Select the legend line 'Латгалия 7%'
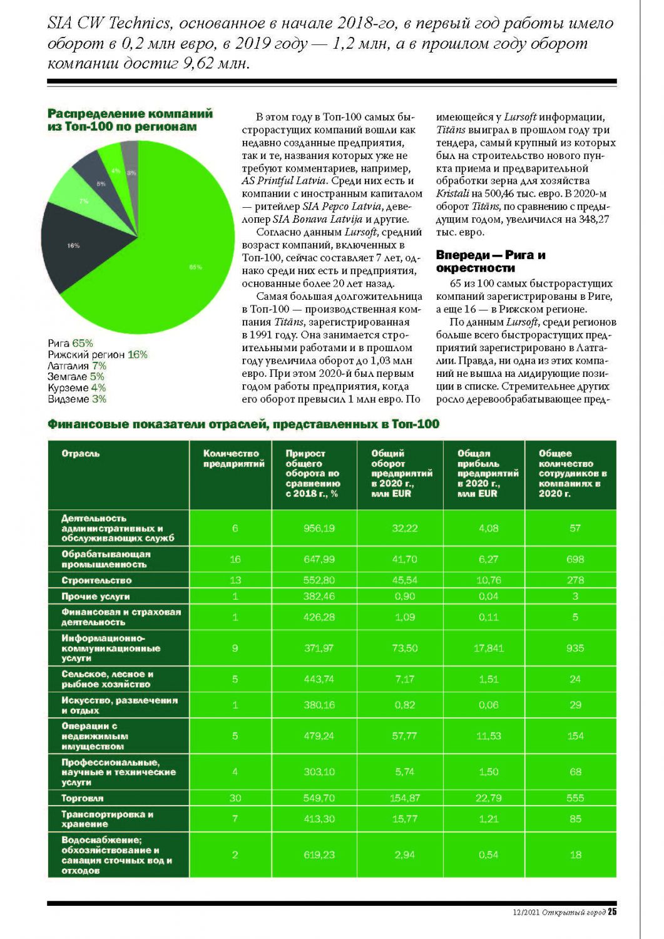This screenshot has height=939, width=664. [x=77, y=366]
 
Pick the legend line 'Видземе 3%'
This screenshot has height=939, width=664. [x=77, y=399]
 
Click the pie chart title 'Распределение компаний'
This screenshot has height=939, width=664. [x=130, y=114]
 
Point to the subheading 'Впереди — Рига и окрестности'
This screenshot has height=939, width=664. [x=491, y=261]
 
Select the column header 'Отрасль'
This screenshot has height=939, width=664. [x=81, y=453]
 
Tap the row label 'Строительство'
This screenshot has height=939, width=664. [x=96, y=580]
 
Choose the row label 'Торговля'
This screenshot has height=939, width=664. [x=83, y=798]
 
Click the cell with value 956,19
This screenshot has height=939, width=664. [x=319, y=528]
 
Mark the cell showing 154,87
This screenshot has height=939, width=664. [x=405, y=798]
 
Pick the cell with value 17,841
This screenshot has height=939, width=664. [x=488, y=648]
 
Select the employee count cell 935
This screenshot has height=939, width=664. [x=575, y=648]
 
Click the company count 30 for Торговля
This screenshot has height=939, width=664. [x=235, y=798]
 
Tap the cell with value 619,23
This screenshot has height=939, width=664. [x=319, y=854]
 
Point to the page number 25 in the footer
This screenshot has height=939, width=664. [x=612, y=912]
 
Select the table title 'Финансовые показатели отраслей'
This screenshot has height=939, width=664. [x=243, y=424]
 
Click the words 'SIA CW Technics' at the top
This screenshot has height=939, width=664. [x=110, y=24]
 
